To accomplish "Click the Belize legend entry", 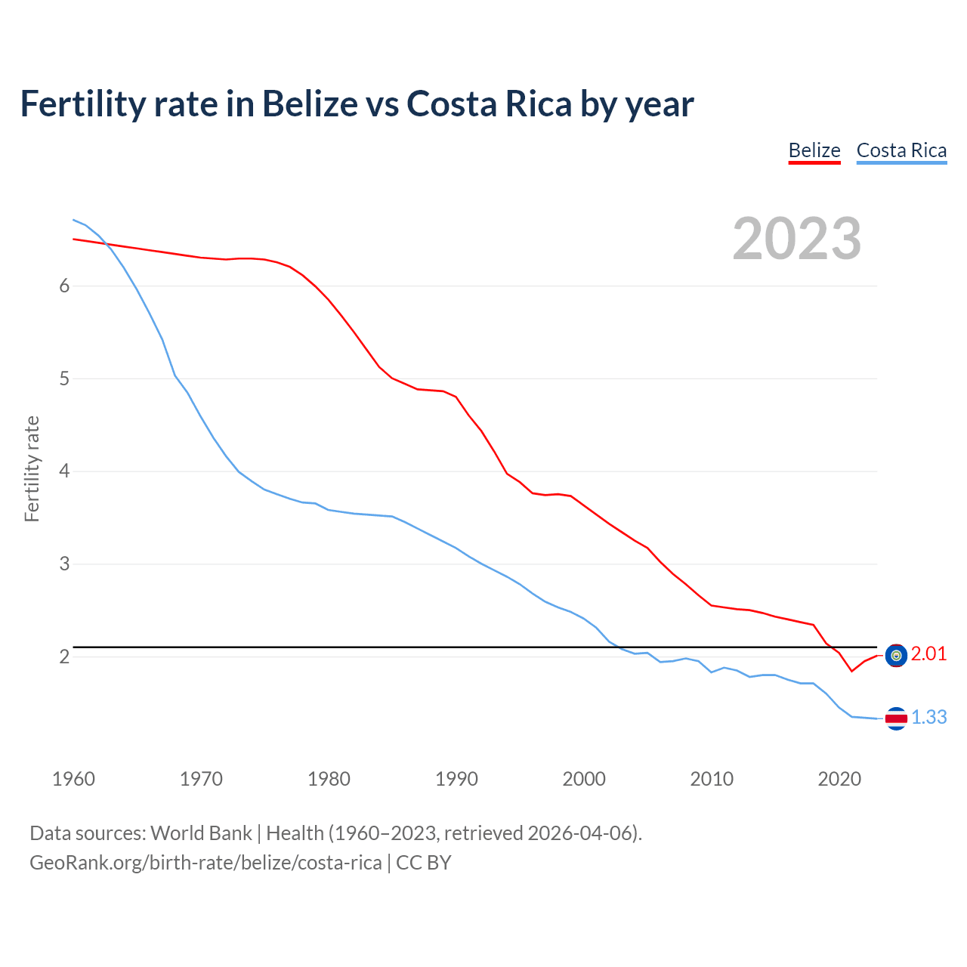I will pos(814,150).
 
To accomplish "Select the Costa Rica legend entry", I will pos(901,150).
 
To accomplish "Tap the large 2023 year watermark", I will pos(797,239).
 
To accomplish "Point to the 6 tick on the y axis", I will pos(64,286).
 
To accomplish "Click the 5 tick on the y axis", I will pos(64,378).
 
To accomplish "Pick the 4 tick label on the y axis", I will pos(64,471).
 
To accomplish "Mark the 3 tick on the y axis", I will pos(64,564).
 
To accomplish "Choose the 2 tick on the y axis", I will pos(64,657).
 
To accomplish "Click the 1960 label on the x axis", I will pos(73,779).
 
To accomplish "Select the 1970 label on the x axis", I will pos(201,779).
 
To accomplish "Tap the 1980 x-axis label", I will pos(329,779).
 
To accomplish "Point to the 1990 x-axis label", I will pos(456,779).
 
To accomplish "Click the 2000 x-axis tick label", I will pos(584,779).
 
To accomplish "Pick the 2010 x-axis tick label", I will pos(712,779).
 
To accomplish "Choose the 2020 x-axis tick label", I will pos(839,779).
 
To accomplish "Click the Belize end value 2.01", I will pos(928,654).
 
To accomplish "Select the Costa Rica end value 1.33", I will pos(928,718).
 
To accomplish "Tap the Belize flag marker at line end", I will pos(896,656).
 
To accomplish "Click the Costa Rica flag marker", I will pos(896,718).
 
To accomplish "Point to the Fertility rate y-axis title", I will pos(32,468).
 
